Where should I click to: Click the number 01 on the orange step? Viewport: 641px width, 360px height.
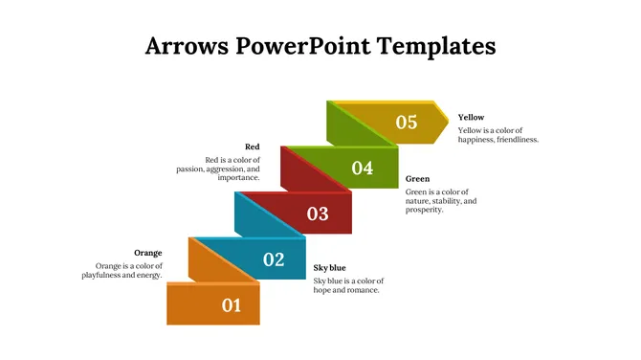[232, 305]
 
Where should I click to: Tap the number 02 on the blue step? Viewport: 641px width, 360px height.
[274, 259]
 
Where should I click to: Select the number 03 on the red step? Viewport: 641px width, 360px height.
[318, 214]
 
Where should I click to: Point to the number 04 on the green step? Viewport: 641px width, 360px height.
[362, 169]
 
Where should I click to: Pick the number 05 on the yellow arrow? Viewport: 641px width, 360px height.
[407, 122]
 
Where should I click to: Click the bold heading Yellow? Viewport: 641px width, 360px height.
[471, 118]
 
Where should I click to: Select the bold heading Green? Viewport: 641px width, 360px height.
[417, 179]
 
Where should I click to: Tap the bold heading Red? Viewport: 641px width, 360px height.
[252, 146]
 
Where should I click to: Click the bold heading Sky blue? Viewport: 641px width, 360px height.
[330, 267]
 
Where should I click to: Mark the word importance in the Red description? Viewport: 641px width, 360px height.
[238, 178]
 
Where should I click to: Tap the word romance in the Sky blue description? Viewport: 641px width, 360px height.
[359, 289]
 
